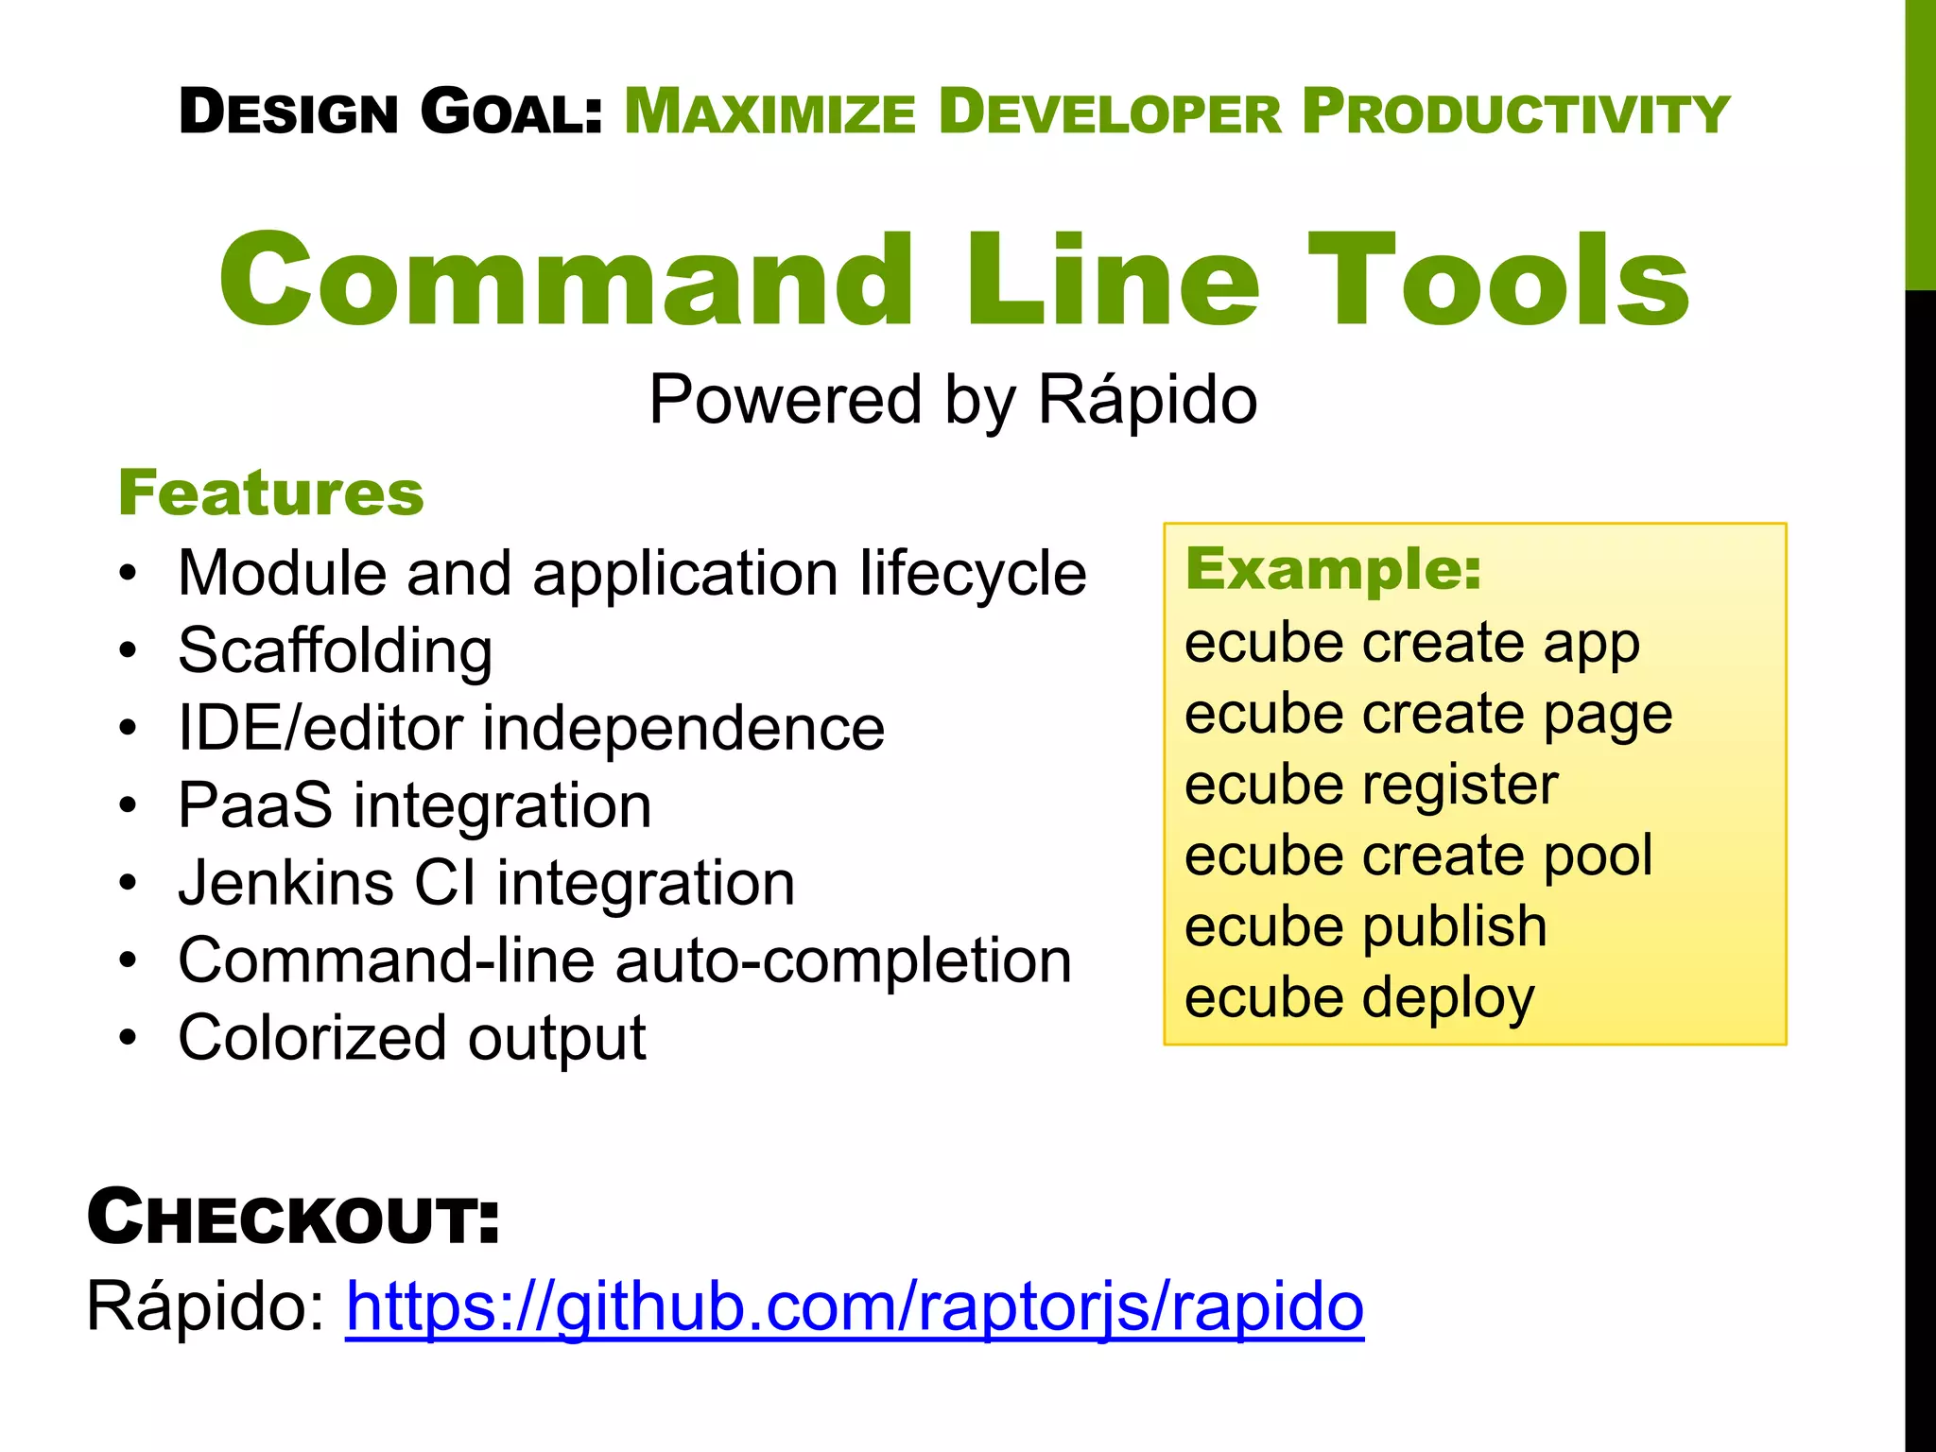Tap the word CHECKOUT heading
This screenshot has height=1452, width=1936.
(x=293, y=1218)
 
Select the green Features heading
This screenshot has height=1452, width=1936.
(x=271, y=493)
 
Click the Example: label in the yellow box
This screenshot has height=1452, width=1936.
(x=1333, y=569)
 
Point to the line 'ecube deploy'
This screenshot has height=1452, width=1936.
(x=1359, y=998)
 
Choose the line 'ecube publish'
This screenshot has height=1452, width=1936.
(x=1365, y=926)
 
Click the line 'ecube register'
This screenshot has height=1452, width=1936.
(x=1371, y=785)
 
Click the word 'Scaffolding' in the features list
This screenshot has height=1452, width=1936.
(x=336, y=651)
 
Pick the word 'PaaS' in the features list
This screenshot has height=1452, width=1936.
(x=255, y=805)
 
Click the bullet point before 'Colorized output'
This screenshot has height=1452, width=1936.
(x=129, y=1038)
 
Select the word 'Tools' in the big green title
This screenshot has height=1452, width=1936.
(x=1498, y=281)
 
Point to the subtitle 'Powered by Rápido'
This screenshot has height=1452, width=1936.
(x=953, y=399)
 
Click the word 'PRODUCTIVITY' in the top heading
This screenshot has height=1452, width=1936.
(x=1515, y=112)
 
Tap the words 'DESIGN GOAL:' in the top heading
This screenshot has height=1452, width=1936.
(x=390, y=112)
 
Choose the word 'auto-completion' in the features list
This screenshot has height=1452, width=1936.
(x=843, y=960)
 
